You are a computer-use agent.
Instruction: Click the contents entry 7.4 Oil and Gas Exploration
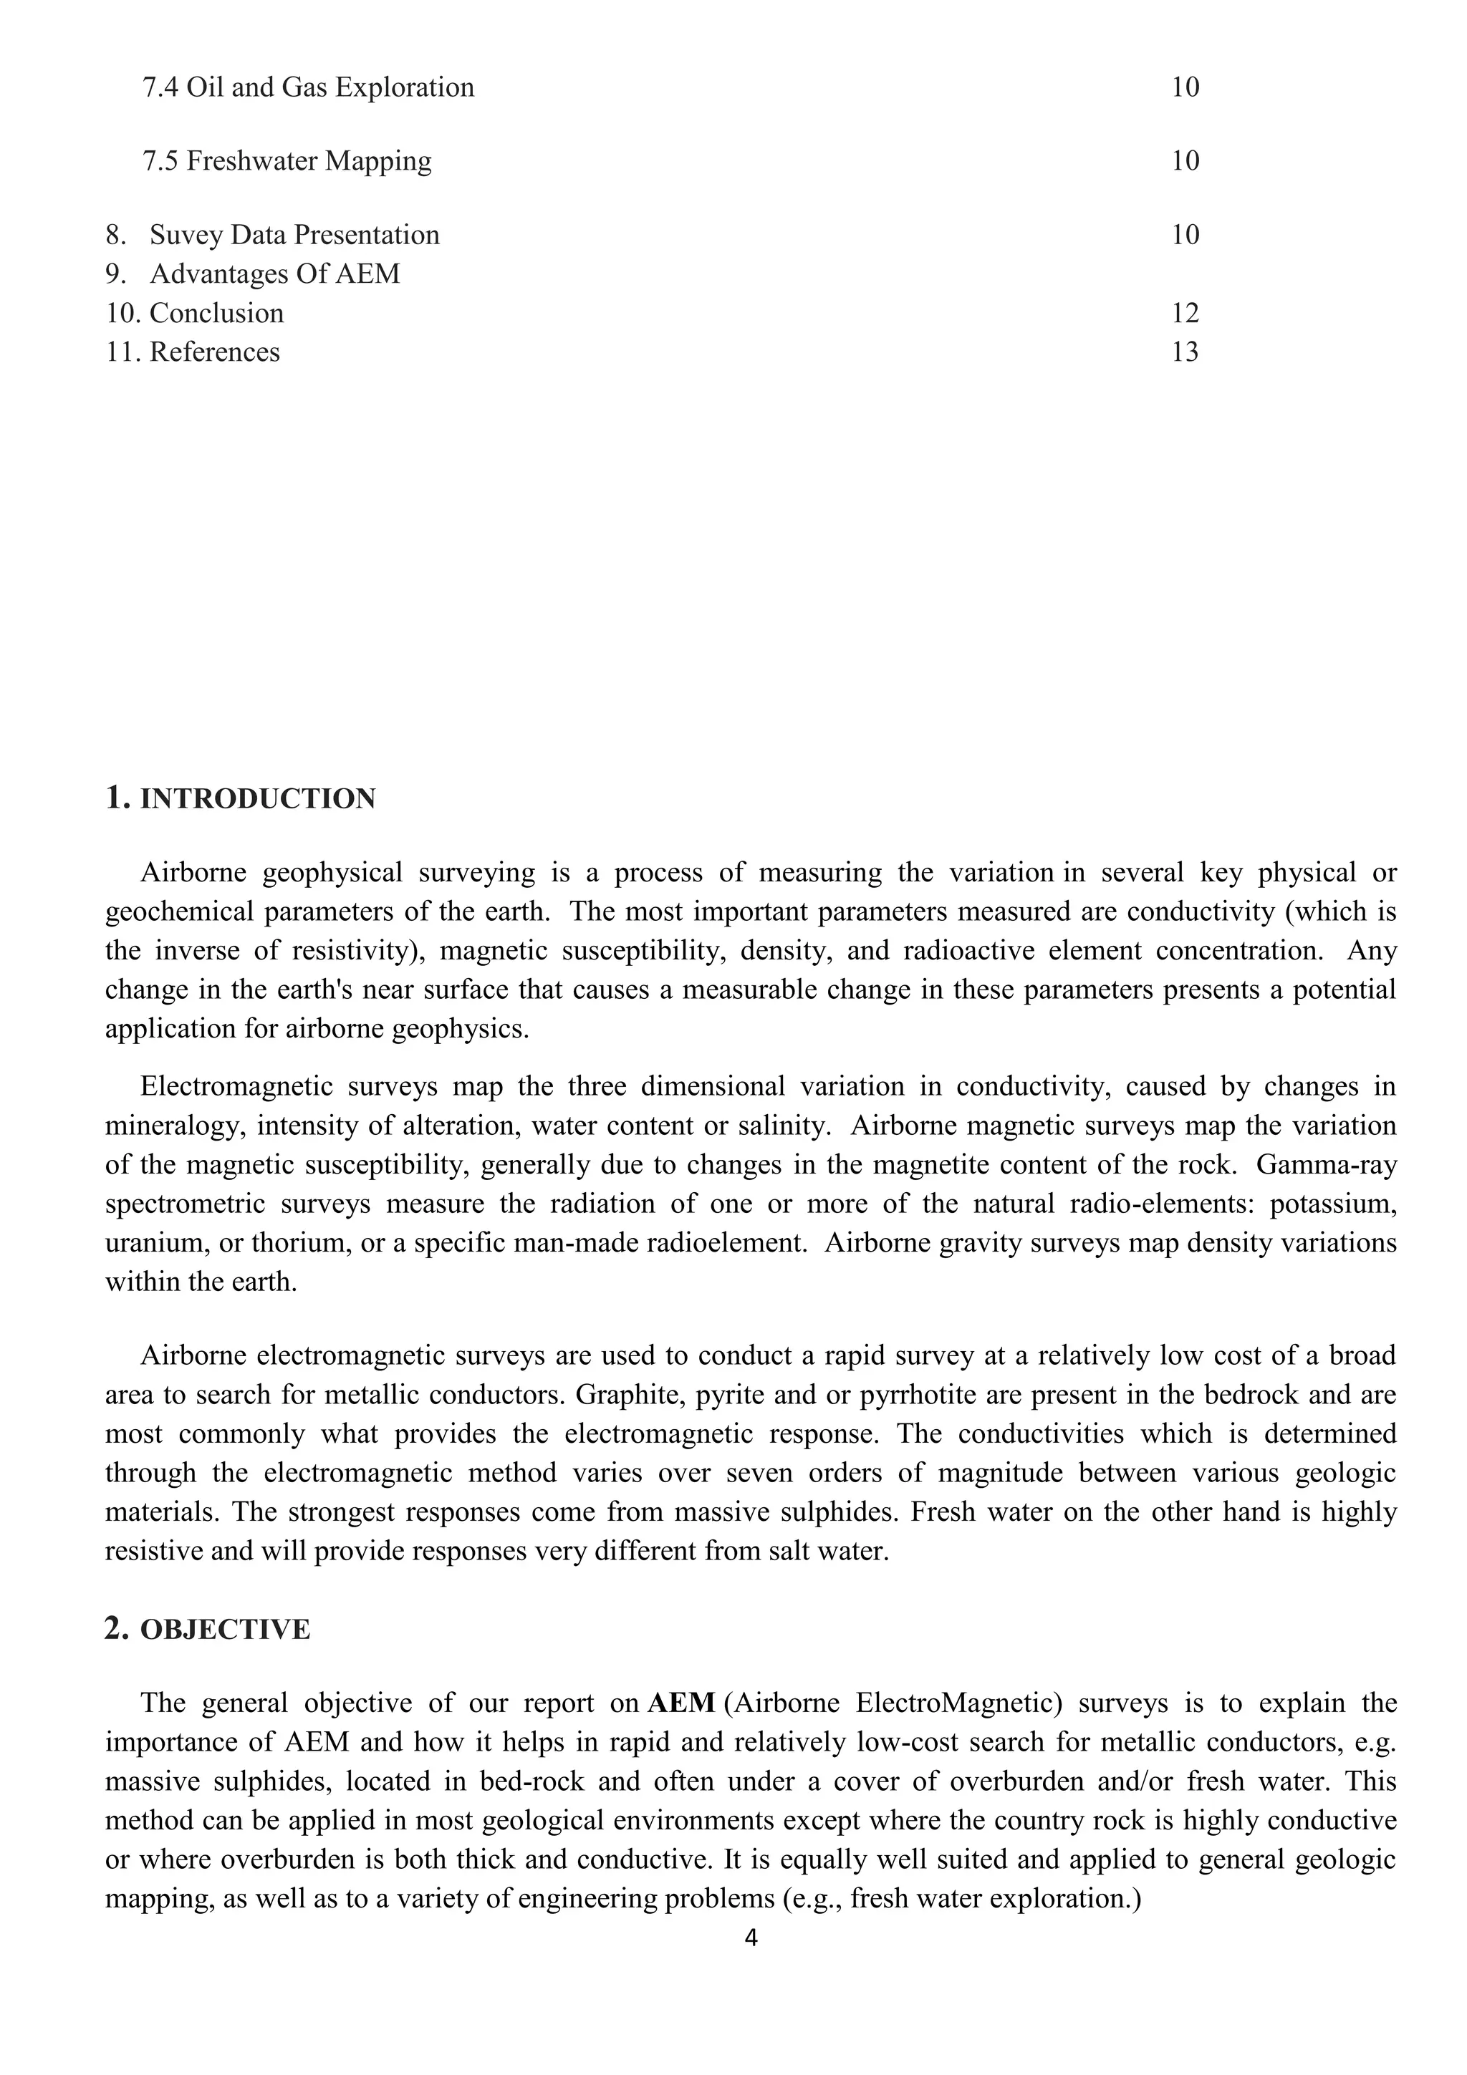pyautogui.click(x=308, y=87)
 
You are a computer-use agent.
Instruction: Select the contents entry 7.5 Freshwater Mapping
pyautogui.click(x=287, y=161)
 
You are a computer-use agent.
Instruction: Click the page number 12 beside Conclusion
pyautogui.click(x=1184, y=314)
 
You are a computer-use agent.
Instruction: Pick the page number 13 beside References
pyautogui.click(x=1184, y=352)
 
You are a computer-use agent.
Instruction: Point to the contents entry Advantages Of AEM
pyautogui.click(x=274, y=274)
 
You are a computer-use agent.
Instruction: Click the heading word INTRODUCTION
pyautogui.click(x=258, y=800)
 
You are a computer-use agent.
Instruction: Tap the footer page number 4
pyautogui.click(x=750, y=1962)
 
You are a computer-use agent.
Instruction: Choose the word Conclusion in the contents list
pyautogui.click(x=216, y=314)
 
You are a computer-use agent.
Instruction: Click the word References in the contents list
pyautogui.click(x=214, y=352)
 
